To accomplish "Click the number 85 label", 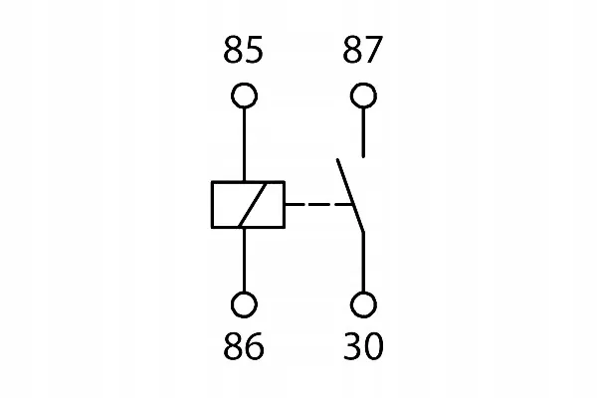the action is tap(243, 49).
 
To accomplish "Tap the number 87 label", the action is tap(362, 49).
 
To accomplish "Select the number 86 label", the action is tap(244, 346).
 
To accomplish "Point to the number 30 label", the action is tap(363, 346).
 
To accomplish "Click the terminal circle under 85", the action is tap(244, 84).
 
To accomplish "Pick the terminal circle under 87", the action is tap(363, 84).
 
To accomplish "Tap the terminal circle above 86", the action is tap(244, 293).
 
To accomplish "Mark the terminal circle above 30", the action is tap(363, 293).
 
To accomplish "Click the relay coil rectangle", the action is tap(212, 205).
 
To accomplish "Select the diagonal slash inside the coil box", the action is tap(252, 205).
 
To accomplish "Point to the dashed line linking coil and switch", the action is tap(318, 205).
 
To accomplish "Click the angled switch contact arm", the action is tap(350, 195).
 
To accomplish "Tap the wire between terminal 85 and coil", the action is tap(244, 144).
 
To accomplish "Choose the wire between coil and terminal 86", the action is tap(244, 260).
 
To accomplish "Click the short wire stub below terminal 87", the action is tap(363, 132).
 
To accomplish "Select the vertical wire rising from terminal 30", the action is tap(363, 262).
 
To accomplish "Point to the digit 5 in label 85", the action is tap(254, 50).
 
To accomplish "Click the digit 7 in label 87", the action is tap(373, 50).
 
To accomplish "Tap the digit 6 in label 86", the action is tap(255, 346).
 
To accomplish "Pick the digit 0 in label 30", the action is tap(373, 346).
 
